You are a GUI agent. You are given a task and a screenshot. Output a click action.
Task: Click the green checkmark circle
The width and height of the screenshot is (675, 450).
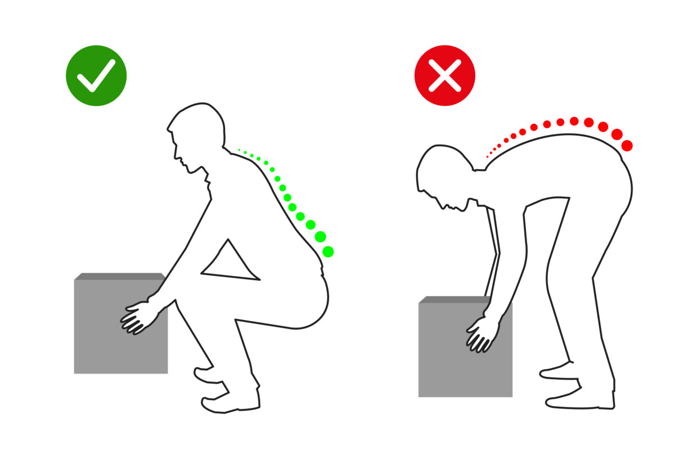coord(96,75)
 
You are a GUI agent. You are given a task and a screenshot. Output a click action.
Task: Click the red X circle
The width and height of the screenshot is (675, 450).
coord(444,75)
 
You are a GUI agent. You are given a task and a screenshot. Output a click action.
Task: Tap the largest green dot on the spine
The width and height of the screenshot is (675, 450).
coord(328,251)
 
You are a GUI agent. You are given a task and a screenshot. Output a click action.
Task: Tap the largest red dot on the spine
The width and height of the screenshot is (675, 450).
coord(627,146)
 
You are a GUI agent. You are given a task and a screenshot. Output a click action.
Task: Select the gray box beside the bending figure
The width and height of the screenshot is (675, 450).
coord(450,360)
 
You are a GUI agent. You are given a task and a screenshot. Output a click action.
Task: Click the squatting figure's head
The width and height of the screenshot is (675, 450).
coord(197,135)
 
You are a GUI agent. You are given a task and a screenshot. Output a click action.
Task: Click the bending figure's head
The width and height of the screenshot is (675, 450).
coord(444,174)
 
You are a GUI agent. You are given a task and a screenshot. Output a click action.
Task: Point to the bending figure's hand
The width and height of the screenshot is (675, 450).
coord(481,335)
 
